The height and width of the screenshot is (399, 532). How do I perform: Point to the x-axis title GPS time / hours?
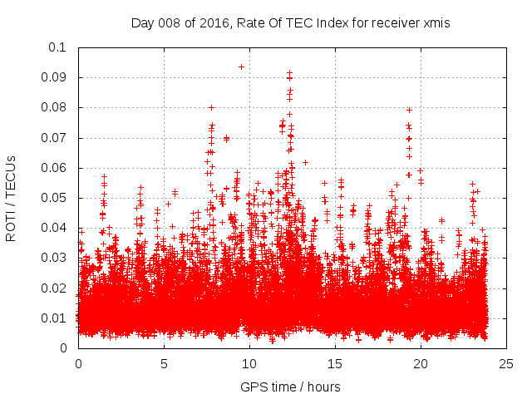click(290, 387)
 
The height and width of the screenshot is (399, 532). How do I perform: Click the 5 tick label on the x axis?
click(165, 363)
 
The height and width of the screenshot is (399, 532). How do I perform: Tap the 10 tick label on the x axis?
click(250, 363)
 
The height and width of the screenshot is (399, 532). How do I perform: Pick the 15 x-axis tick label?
click(336, 363)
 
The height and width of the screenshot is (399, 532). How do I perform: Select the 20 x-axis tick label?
click(421, 363)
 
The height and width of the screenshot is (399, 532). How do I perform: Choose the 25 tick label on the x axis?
click(507, 363)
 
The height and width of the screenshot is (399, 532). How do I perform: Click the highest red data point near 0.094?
click(241, 66)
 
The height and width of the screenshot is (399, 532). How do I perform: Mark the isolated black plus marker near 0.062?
click(305, 162)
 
